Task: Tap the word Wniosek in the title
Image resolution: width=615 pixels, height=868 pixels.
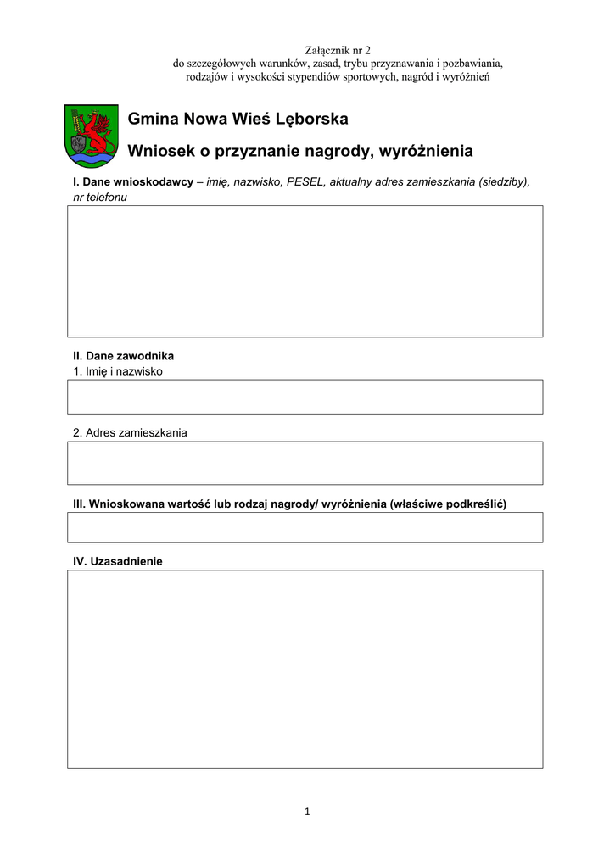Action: [159, 152]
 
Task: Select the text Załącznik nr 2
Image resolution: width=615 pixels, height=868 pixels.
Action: [338, 51]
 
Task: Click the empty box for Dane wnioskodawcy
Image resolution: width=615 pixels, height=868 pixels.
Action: [305, 271]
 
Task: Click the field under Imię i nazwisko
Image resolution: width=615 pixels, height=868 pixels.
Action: [305, 397]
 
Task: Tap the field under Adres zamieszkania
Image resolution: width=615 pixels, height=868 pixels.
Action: [305, 463]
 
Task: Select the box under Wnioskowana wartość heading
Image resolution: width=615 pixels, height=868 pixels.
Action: [305, 527]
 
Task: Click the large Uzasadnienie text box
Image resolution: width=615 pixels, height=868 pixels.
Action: [305, 669]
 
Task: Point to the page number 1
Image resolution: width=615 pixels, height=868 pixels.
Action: [307, 811]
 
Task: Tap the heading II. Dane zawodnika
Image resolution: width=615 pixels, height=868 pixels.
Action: [123, 356]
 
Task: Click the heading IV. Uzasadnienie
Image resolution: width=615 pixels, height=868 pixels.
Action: [118, 561]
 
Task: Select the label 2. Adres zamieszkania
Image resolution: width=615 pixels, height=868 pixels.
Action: [130, 432]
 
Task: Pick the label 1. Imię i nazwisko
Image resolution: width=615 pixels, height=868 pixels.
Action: [118, 371]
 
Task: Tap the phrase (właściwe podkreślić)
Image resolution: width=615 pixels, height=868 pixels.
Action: [448, 504]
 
